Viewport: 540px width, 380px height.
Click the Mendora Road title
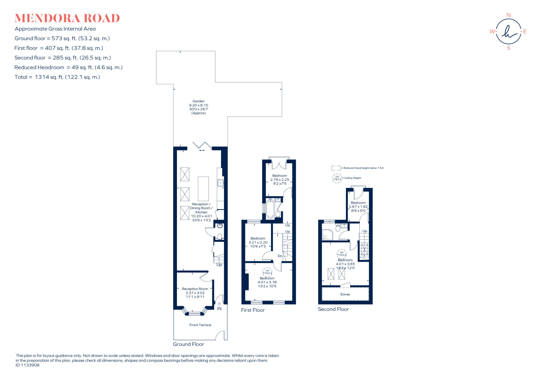coord(67,18)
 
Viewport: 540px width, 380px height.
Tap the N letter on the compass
coord(508,15)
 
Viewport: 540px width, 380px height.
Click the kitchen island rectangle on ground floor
coord(203,189)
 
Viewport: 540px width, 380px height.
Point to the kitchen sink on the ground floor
coord(220,183)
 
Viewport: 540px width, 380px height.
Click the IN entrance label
coord(219,309)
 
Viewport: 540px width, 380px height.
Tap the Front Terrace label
coord(200,325)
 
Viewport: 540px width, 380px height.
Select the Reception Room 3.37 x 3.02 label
coord(195,293)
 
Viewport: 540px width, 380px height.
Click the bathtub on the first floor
coord(270,209)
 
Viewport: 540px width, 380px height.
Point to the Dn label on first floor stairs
coord(280,256)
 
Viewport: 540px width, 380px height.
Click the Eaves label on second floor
coord(345,294)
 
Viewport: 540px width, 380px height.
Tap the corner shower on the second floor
coord(327,235)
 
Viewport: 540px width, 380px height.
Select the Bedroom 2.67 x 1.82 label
coord(358,207)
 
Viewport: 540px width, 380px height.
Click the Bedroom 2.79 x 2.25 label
coord(279,180)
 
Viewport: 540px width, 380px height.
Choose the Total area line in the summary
coord(57,77)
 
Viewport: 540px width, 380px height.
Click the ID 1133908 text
coord(27,365)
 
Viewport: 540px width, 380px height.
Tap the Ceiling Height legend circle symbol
coord(337,178)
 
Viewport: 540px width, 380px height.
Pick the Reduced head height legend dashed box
coord(336,168)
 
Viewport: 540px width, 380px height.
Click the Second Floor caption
coord(333,309)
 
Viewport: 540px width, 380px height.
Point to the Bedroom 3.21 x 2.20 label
coord(258,242)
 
